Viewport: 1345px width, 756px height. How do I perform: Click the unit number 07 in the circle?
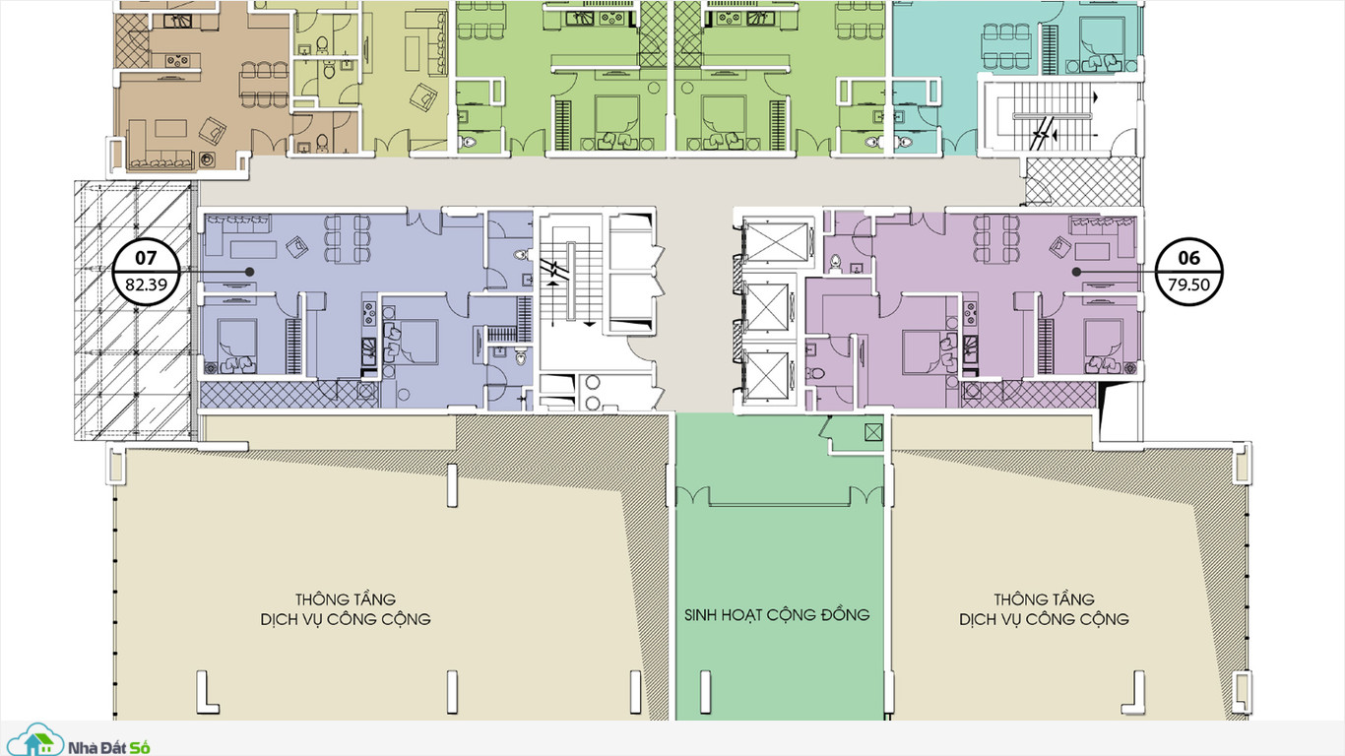click(146, 258)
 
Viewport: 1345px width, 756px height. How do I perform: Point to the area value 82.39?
click(146, 284)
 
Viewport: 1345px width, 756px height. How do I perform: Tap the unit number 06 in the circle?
click(1188, 258)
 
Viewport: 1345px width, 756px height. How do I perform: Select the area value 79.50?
click(1188, 284)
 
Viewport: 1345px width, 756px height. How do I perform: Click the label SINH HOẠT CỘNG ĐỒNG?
click(777, 614)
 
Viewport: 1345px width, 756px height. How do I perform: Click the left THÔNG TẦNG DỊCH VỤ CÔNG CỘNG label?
click(346, 609)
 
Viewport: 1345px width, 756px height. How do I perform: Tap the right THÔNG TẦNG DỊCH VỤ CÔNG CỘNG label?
click(1044, 609)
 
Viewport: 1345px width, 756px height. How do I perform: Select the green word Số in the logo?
click(140, 747)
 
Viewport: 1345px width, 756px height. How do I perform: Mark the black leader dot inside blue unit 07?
click(250, 272)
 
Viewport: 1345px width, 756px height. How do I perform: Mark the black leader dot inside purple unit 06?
click(1076, 272)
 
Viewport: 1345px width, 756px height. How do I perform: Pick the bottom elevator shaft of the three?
click(767, 375)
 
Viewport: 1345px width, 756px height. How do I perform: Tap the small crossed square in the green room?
click(873, 432)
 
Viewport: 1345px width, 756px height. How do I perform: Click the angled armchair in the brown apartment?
click(212, 130)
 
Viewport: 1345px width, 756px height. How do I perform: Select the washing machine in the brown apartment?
click(207, 159)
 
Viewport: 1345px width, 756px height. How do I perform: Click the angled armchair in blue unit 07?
click(297, 247)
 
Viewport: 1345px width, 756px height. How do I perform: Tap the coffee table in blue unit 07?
click(253, 249)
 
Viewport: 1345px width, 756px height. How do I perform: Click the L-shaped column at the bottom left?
click(206, 692)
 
